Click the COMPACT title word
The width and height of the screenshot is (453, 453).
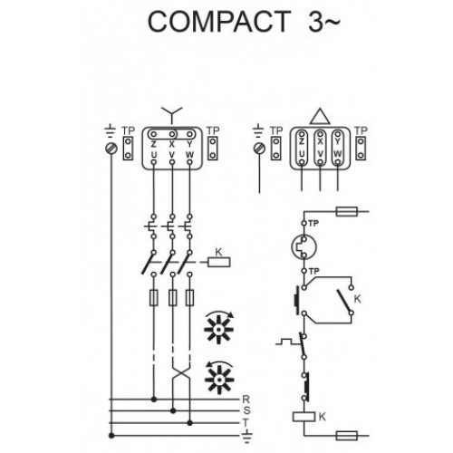(219, 21)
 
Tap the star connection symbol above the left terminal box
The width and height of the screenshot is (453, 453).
(172, 114)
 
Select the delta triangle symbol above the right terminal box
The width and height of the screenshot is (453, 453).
(320, 117)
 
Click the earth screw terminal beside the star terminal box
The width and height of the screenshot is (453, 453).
(111, 149)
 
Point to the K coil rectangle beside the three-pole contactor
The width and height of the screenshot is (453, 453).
(219, 262)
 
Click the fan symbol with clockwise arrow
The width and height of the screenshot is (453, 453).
(219, 327)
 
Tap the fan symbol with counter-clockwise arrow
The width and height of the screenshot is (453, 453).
(219, 378)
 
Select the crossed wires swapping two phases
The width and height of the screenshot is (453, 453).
(181, 375)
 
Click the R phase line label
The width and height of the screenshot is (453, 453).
(246, 400)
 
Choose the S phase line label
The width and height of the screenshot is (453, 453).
(246, 410)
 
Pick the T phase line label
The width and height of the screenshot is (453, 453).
(246, 422)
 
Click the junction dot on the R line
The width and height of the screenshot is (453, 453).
(154, 400)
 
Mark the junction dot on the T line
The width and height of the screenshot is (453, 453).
(189, 423)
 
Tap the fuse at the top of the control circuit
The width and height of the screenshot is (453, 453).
(347, 211)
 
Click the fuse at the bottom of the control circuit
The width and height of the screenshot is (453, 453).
(347, 436)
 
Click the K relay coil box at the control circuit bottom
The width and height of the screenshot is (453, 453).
(304, 417)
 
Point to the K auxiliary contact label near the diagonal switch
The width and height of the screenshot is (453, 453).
(357, 299)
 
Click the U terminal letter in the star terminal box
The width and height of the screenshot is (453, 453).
(154, 155)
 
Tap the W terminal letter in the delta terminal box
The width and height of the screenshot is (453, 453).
(338, 154)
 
